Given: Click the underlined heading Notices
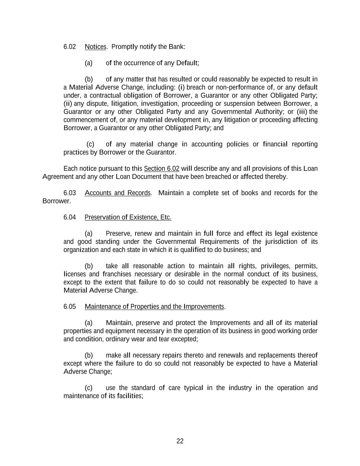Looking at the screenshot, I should tap(96, 47).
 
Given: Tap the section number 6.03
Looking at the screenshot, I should tap(70, 193).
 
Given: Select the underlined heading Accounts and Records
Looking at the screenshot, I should tap(117, 193).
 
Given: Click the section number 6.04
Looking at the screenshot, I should tap(70, 217).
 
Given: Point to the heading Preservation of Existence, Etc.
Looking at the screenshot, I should tap(128, 217).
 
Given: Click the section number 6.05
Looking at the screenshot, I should tap(70, 307).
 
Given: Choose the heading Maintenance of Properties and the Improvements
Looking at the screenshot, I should tap(154, 307).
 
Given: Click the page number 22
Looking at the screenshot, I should tap(180, 441).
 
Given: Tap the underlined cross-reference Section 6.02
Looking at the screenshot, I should tap(161, 169).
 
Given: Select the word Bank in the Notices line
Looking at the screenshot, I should tap(176, 47).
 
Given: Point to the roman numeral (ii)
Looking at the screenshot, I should tap(68, 103).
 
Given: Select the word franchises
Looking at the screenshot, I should tap(117, 274).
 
